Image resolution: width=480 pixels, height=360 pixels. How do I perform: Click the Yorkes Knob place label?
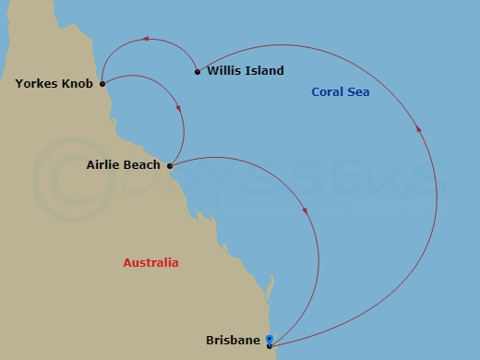pyautogui.click(x=54, y=84)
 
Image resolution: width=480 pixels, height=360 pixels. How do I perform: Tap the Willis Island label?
pyautogui.click(x=246, y=71)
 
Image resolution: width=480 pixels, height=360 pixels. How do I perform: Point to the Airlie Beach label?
pyautogui.click(x=123, y=166)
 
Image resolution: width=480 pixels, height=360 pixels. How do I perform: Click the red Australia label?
pyautogui.click(x=150, y=263)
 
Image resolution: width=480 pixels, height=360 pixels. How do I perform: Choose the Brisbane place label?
pyautogui.click(x=234, y=341)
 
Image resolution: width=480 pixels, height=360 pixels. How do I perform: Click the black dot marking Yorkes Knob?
pyautogui.click(x=102, y=84)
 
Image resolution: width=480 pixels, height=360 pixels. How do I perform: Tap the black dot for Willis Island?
pyautogui.click(x=198, y=71)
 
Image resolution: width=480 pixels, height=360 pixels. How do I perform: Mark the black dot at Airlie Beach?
pyautogui.click(x=169, y=166)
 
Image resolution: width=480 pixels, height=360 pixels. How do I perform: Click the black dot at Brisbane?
pyautogui.click(x=269, y=346)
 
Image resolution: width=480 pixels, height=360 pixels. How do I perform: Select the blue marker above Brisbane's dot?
pyautogui.click(x=269, y=339)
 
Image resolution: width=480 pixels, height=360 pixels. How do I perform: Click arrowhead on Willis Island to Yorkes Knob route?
pyautogui.click(x=144, y=40)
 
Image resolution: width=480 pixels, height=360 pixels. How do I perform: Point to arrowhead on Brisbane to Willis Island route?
pyautogui.click(x=421, y=130)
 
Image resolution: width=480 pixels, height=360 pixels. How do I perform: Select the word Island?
pyautogui.click(x=262, y=71)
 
